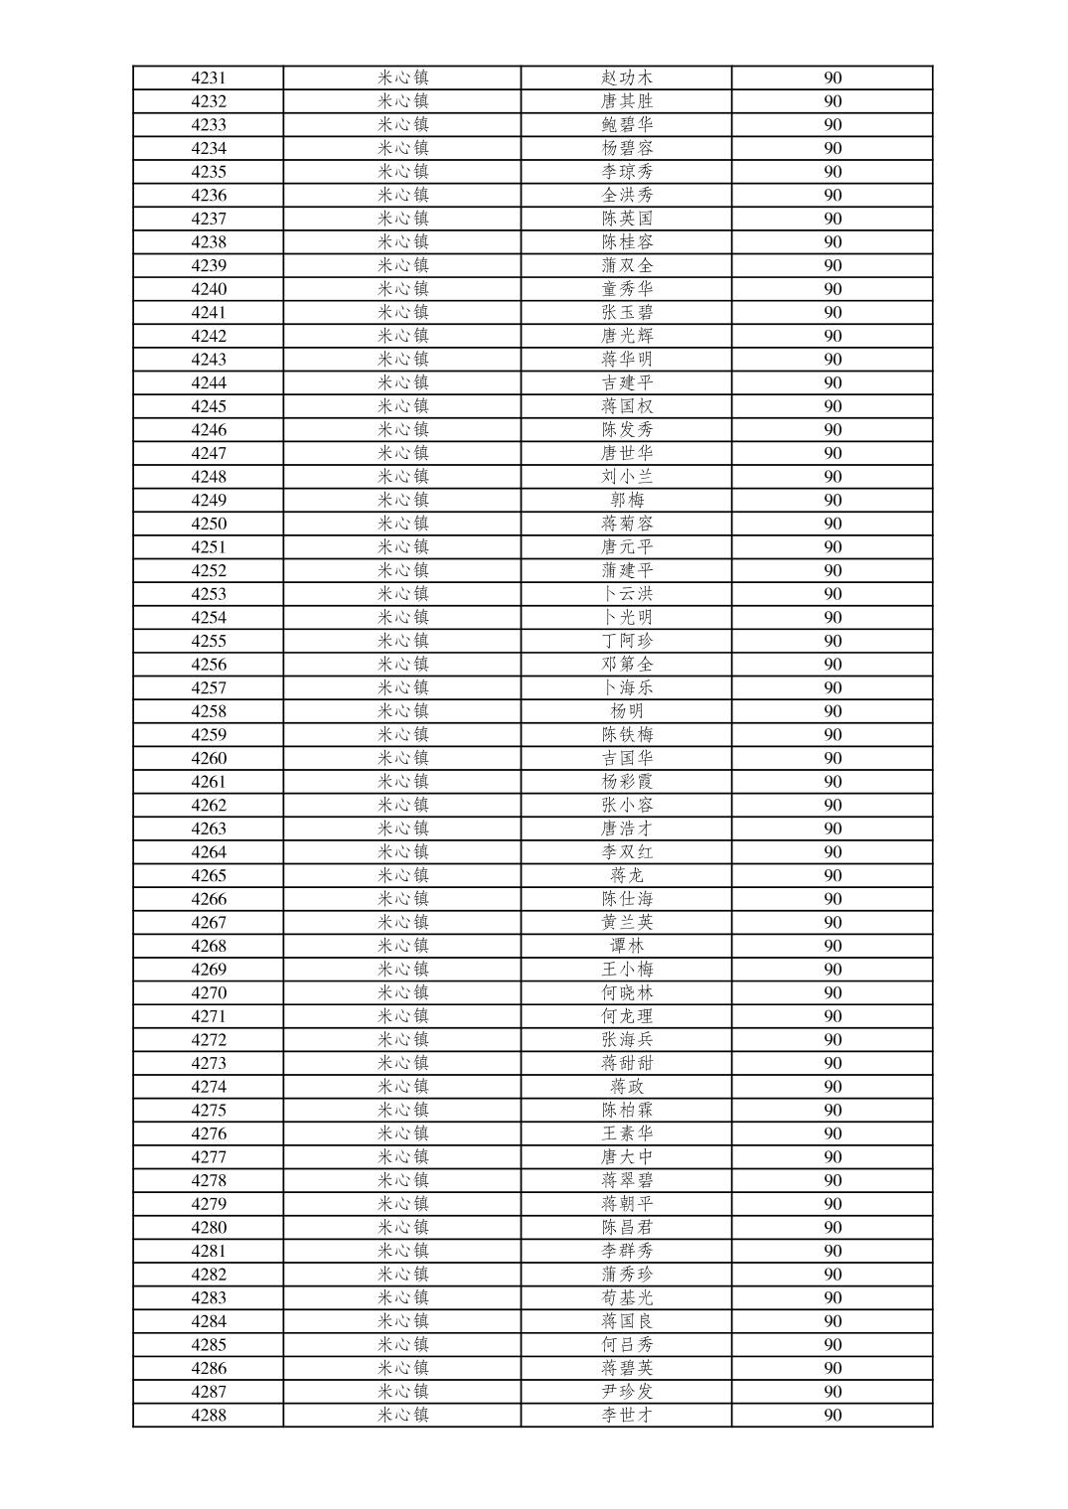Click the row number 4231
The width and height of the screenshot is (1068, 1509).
209,77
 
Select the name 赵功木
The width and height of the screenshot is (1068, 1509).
627,77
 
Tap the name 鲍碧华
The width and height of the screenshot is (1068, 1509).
627,124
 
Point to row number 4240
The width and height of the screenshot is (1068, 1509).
209,289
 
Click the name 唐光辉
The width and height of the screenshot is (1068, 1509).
627,336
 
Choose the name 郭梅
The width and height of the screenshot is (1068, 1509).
627,500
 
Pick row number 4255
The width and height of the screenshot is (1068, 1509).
209,641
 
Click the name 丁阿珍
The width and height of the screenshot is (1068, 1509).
627,641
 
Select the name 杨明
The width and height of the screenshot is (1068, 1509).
627,711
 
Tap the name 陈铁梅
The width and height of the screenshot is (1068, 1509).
627,735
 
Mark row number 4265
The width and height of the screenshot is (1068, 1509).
209,875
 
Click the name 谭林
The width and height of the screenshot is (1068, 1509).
627,946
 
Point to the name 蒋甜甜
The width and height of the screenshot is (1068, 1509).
627,1063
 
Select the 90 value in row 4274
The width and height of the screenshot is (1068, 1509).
833,1087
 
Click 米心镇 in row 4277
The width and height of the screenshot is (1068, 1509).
402,1157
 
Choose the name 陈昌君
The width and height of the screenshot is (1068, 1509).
627,1228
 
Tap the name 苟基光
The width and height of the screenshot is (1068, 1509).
627,1297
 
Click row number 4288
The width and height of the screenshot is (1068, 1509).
209,1416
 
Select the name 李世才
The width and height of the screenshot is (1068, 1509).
627,1416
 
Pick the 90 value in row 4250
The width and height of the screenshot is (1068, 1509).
833,524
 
